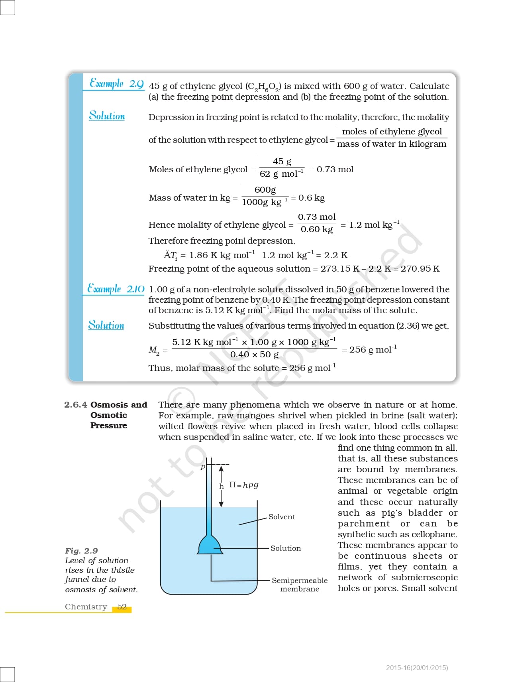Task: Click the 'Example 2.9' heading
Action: coord(116,84)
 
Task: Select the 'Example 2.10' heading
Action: coord(116,289)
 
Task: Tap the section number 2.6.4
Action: coord(75,405)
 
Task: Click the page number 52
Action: coord(122,607)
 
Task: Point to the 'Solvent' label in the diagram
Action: coord(282,517)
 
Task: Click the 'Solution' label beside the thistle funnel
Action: coord(286,548)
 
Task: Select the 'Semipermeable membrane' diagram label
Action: coord(300,585)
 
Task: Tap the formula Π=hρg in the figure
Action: coord(244,485)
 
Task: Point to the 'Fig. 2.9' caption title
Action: coord(81,551)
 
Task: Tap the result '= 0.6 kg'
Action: coord(308,198)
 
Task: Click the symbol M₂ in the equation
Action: coord(154,350)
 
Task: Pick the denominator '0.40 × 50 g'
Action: coord(254,355)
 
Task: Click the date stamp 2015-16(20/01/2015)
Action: coord(417,668)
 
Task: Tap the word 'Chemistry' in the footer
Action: coord(86,607)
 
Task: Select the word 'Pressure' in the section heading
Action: coord(108,426)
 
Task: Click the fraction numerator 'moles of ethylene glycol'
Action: coord(392,132)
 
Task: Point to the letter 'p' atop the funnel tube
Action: coord(203,466)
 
